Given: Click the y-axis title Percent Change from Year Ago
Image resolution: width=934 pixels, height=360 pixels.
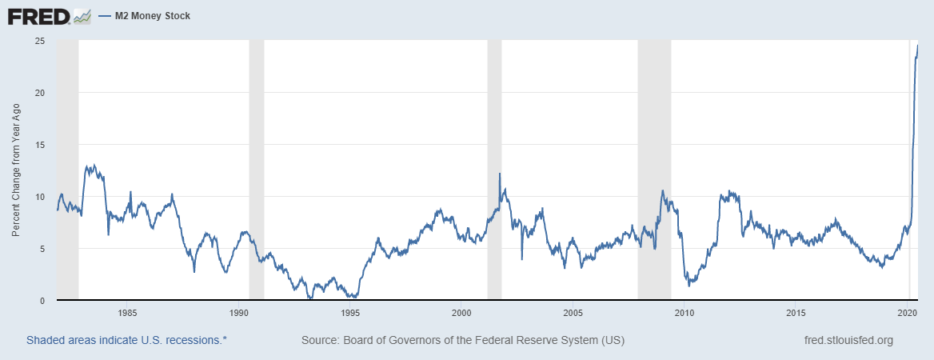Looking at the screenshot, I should [x=16, y=170].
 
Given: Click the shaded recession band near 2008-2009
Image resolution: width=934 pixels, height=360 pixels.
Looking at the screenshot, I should [x=654, y=160].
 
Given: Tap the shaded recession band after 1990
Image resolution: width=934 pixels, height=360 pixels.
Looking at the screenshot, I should [x=257, y=160].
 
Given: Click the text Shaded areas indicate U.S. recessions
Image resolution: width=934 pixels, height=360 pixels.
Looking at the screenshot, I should [x=126, y=340].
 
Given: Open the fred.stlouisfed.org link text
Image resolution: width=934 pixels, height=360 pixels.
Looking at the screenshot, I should [x=848, y=340].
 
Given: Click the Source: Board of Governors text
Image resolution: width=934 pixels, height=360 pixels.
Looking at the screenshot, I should [x=462, y=340].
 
